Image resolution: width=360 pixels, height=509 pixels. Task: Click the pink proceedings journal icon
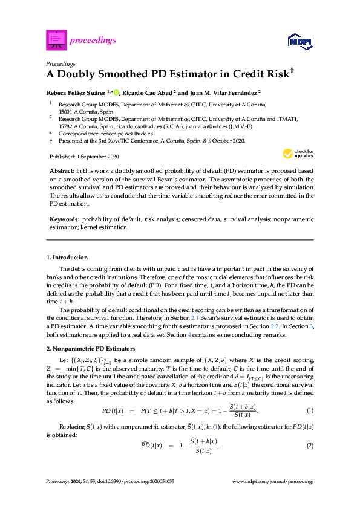pyautogui.click(x=56, y=41)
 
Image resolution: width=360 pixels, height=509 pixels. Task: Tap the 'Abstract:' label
pyautogui.click(x=61, y=172)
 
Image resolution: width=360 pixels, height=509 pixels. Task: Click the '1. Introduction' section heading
pyautogui.click(x=67, y=257)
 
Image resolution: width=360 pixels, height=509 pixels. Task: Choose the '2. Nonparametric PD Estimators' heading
pyautogui.click(x=90, y=349)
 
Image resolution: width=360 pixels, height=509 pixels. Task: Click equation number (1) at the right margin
pyautogui.click(x=310, y=410)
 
